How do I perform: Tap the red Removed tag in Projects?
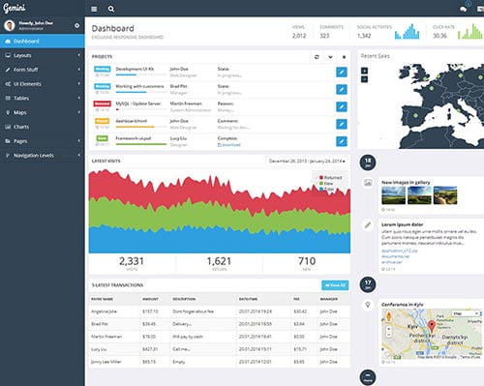[102, 102]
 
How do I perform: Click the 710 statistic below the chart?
[306, 260]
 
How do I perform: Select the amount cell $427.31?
[149, 347]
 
